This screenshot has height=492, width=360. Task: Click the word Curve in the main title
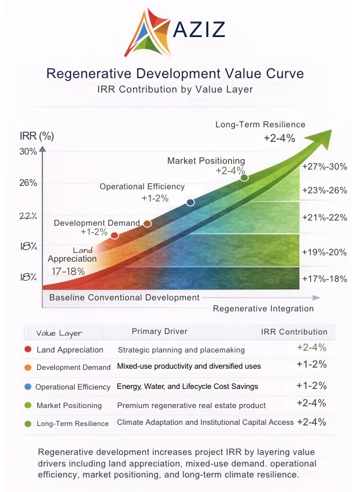(x=282, y=74)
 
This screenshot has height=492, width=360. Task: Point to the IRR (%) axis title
(x=36, y=137)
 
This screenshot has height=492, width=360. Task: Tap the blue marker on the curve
(x=190, y=202)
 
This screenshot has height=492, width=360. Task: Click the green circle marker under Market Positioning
(x=244, y=178)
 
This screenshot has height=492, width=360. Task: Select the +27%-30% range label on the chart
(x=324, y=167)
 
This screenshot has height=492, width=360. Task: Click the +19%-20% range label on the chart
(x=324, y=252)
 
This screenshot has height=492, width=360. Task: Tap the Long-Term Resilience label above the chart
(x=260, y=124)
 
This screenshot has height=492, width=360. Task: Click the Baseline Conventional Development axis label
(x=124, y=298)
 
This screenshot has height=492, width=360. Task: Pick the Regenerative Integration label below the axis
(x=263, y=309)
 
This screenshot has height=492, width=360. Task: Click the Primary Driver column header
(x=159, y=332)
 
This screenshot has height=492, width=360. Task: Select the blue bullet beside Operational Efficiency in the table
(x=28, y=386)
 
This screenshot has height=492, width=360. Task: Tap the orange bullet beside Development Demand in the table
(x=28, y=367)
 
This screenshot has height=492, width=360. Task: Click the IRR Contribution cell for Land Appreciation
(x=311, y=348)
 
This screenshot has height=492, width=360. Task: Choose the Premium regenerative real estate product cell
(x=192, y=405)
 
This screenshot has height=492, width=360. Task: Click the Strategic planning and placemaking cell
(x=181, y=350)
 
